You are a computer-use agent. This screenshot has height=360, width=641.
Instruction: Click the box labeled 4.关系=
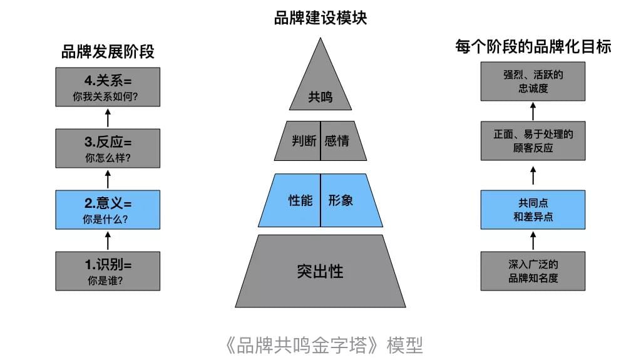(108, 87)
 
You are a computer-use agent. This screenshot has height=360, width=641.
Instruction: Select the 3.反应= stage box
(108, 148)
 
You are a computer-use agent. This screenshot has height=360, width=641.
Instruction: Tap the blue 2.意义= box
(108, 210)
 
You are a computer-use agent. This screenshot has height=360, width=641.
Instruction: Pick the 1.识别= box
(108, 271)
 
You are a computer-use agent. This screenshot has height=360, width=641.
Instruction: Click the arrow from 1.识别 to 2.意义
(108, 240)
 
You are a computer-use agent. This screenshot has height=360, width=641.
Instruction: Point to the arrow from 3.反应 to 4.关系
(108, 118)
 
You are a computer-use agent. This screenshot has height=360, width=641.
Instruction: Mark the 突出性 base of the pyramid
(320, 271)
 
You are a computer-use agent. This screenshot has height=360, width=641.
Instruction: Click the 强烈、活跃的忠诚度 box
(533, 81)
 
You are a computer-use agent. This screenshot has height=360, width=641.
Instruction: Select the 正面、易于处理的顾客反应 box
(533, 141)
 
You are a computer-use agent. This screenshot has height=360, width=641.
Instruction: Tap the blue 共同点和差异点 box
(533, 210)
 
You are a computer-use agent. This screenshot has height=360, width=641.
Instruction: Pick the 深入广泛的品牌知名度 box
(533, 271)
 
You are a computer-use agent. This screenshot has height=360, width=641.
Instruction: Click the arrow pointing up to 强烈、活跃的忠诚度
(533, 111)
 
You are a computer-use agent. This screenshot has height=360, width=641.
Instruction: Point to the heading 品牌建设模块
(320, 18)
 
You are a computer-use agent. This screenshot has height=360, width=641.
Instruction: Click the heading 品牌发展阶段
(108, 52)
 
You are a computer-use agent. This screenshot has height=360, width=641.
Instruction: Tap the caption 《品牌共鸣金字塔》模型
(324, 346)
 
